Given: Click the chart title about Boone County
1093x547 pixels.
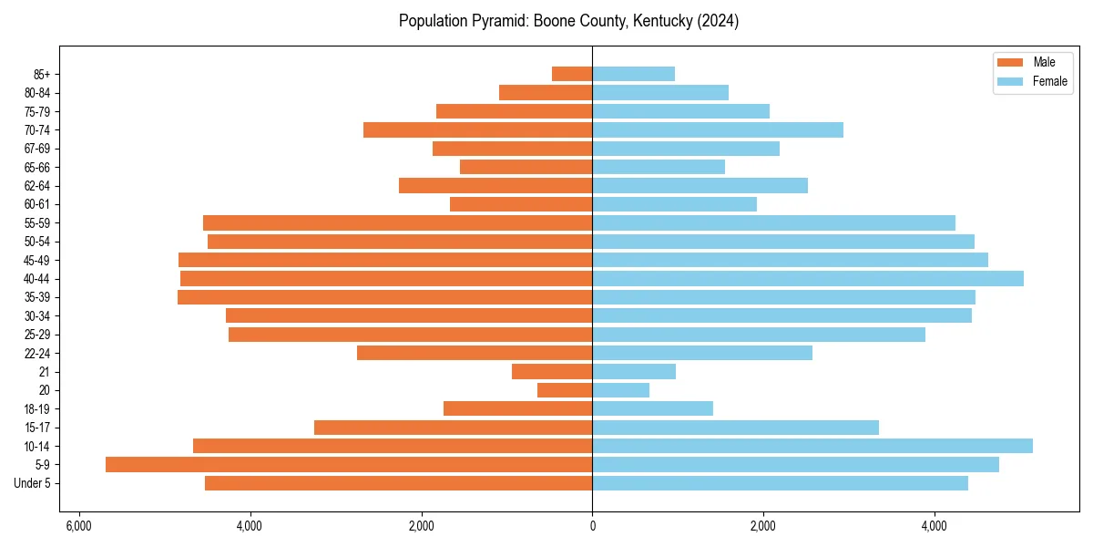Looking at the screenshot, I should coord(568,21).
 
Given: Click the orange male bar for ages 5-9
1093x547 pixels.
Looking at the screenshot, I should coord(349,465).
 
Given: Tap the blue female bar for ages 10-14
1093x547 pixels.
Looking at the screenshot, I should coord(812,446).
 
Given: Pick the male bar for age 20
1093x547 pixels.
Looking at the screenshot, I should coord(565,390).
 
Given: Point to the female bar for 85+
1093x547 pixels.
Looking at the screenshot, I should coord(634,74).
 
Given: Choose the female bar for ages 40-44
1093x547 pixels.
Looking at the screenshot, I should coord(808,279).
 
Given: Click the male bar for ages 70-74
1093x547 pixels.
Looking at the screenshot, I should coord(478,130).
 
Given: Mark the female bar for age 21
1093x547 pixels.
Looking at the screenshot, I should coord(634,372).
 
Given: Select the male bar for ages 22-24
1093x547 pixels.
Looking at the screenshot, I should coord(475,353).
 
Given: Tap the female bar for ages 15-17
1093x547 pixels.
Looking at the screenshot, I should coord(736,428).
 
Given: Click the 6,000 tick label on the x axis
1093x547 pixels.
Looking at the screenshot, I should coord(79,526).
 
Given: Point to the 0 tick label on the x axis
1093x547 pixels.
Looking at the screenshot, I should coord(593,526).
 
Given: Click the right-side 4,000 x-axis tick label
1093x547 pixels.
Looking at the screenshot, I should coord(934,526).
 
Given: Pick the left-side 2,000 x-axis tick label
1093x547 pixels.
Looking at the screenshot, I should coord(422,526).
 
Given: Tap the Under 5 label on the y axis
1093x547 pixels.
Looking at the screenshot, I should coord(32,483).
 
